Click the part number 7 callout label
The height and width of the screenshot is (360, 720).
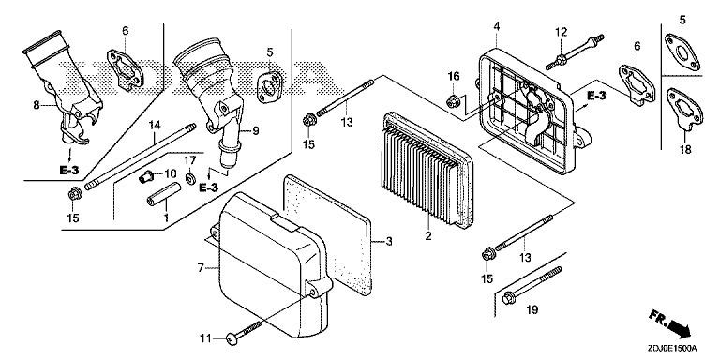coord(201,268)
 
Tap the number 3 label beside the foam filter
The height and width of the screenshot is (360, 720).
coord(389,241)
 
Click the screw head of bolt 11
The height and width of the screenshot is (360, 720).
coord(232,338)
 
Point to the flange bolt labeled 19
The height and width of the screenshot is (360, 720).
coord(532,285)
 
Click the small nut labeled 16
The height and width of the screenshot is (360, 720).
coord(453,98)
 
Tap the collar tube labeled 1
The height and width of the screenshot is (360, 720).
coord(162,196)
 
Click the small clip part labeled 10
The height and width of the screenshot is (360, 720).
coord(145,175)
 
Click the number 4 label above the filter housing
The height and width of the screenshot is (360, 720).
coord(496,26)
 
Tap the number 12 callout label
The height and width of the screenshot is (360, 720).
coord(561,32)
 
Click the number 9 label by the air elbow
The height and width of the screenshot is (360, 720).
coord(255,131)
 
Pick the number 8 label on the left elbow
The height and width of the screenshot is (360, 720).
coord(37,105)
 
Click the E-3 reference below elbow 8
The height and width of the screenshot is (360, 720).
coord(69,171)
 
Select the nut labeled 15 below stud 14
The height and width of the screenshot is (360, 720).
coord(72,195)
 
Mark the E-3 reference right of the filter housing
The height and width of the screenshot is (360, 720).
coord(596,96)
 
